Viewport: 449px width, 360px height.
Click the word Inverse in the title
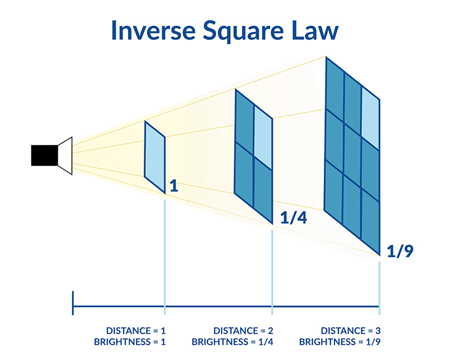coord(153,30)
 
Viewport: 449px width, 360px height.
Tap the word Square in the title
coord(243,31)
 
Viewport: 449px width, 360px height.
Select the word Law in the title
coord(315,30)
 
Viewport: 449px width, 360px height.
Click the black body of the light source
coord(44,156)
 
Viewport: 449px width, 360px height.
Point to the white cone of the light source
coord(65,156)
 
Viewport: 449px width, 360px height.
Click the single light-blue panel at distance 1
coord(155,157)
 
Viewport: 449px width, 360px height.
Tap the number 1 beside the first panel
coord(174,186)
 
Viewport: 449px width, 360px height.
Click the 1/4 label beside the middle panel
coord(294,217)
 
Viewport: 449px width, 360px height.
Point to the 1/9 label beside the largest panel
coord(400,252)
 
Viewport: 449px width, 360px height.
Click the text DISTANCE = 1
coord(136,331)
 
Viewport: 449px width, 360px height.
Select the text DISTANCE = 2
coord(243,331)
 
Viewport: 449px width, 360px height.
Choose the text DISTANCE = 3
coord(351,331)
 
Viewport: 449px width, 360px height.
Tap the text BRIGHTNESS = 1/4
coord(232,342)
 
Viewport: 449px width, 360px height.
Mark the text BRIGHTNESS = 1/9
coord(340,342)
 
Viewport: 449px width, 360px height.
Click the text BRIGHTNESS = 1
coord(130,342)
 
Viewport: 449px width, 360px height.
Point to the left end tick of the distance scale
coord(73,303)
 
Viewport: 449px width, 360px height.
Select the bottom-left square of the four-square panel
coord(244,174)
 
